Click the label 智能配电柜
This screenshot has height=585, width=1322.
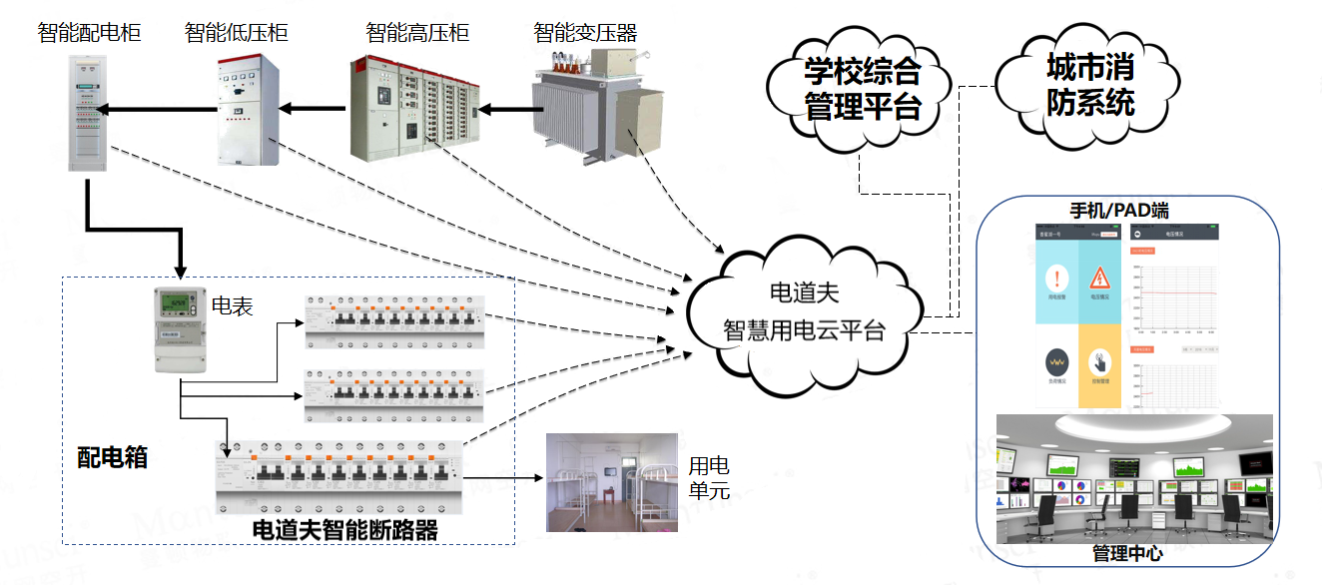coord(89,33)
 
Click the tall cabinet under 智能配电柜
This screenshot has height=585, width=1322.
coord(87,113)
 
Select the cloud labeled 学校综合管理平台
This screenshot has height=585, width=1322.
coord(862,90)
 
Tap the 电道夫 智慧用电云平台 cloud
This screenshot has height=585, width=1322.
coord(803,311)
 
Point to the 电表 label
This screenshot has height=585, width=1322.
coord(233,304)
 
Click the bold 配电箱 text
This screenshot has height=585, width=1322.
coord(113,457)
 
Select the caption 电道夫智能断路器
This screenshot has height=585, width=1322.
coord(345,529)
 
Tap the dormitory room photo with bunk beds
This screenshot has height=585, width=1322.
coord(611,483)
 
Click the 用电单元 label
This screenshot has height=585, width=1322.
coord(710,478)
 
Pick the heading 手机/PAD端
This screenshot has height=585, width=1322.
coord(1119,211)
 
